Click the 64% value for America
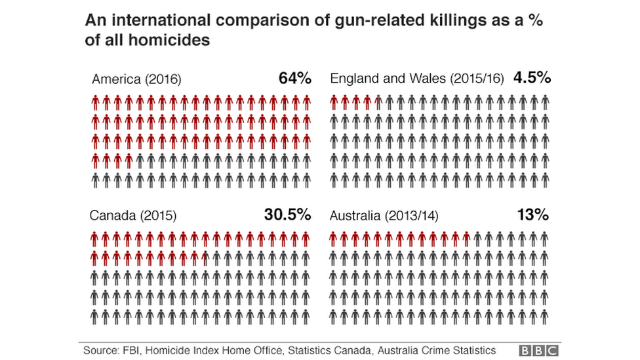tap(294, 79)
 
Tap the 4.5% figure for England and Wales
tap(532, 79)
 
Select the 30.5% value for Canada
tap(287, 215)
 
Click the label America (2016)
tap(136, 80)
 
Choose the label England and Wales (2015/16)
tap(417, 80)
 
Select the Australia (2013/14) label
tap(384, 216)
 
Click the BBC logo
tap(539, 351)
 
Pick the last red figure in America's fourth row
tap(129, 160)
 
